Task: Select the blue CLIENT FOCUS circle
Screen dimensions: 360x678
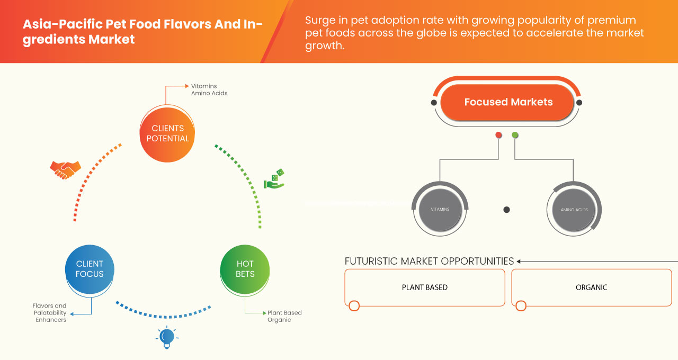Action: (x=90, y=268)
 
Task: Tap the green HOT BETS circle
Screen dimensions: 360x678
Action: (x=245, y=268)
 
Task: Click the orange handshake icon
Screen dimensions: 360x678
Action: (x=65, y=169)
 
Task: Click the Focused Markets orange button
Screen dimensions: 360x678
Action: (x=508, y=102)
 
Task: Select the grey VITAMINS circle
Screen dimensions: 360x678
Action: (x=440, y=209)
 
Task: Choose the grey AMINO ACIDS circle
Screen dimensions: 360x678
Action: (x=574, y=210)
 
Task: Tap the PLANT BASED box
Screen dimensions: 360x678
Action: (x=424, y=287)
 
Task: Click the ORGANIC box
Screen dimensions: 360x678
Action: (x=591, y=287)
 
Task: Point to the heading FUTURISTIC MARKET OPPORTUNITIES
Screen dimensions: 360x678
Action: (x=429, y=261)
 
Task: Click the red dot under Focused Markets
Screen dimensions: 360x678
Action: (x=498, y=136)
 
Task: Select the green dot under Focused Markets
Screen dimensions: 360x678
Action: (x=515, y=136)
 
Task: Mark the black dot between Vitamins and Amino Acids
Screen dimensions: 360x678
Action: (x=506, y=210)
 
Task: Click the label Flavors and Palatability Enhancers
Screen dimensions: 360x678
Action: (x=50, y=312)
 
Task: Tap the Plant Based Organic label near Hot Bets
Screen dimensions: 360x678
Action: (x=284, y=316)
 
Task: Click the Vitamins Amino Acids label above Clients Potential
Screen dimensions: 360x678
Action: (x=209, y=89)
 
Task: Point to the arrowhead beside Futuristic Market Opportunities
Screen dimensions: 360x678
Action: (x=519, y=261)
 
